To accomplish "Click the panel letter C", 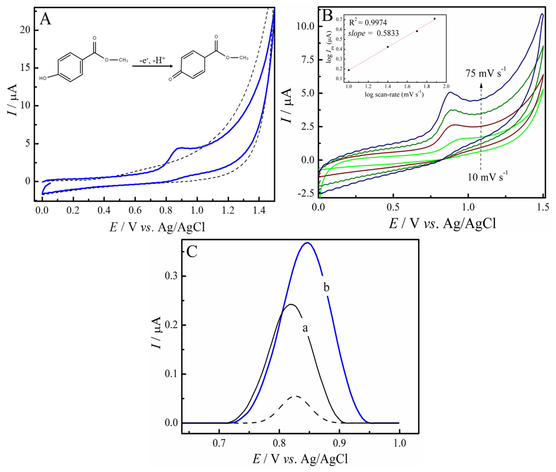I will pyautogui.click(x=192, y=252).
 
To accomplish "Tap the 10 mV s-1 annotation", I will pyautogui.click(x=487, y=177).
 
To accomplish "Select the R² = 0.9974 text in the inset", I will pyautogui.click(x=368, y=23).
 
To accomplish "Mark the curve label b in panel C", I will pyautogui.click(x=326, y=287).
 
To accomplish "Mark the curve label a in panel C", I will pyautogui.click(x=305, y=328).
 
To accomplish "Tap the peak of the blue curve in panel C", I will pyautogui.click(x=308, y=243).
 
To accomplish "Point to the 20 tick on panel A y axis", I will pyautogui.click(x=25, y=30).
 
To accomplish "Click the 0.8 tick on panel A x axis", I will pyautogui.click(x=166, y=211).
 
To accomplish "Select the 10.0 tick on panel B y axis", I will pyautogui.click(x=305, y=26).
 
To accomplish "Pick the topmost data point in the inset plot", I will pyautogui.click(x=434, y=19).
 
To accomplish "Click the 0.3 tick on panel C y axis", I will pyautogui.click(x=171, y=276).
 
